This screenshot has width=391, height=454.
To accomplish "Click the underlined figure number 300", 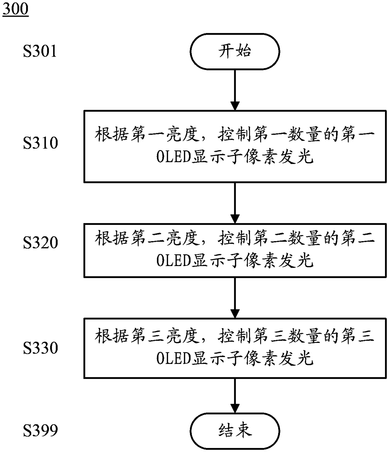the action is [15, 9].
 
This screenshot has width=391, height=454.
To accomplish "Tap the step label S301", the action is [40, 51].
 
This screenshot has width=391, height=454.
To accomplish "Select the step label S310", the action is [40, 143].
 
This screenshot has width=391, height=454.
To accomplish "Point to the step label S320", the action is [40, 243].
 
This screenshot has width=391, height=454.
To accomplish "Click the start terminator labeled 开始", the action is [235, 52].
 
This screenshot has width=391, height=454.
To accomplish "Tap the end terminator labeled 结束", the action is [235, 431].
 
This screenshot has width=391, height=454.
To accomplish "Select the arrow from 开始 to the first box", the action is [235, 90].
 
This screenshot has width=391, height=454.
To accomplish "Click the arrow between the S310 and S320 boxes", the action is [235, 203].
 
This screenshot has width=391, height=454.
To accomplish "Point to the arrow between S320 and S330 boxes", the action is [235, 298].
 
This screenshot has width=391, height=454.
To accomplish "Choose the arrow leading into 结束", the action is [235, 396].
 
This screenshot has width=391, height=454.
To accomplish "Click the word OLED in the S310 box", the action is [173, 157].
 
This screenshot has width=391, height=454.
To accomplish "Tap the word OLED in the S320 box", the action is [173, 261].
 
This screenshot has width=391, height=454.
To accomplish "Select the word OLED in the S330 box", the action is [173, 359].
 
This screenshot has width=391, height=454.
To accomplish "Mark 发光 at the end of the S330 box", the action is [296, 359].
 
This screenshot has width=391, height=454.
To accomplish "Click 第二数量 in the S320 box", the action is [288, 238].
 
